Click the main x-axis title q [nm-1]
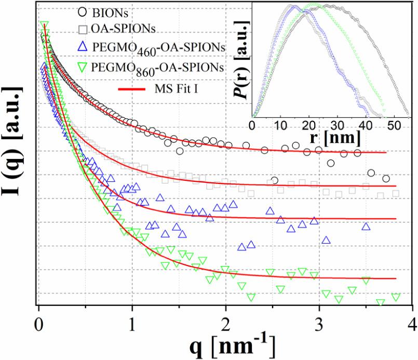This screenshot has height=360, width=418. (x=224, y=343)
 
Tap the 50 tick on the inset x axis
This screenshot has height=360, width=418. (x=395, y=126)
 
